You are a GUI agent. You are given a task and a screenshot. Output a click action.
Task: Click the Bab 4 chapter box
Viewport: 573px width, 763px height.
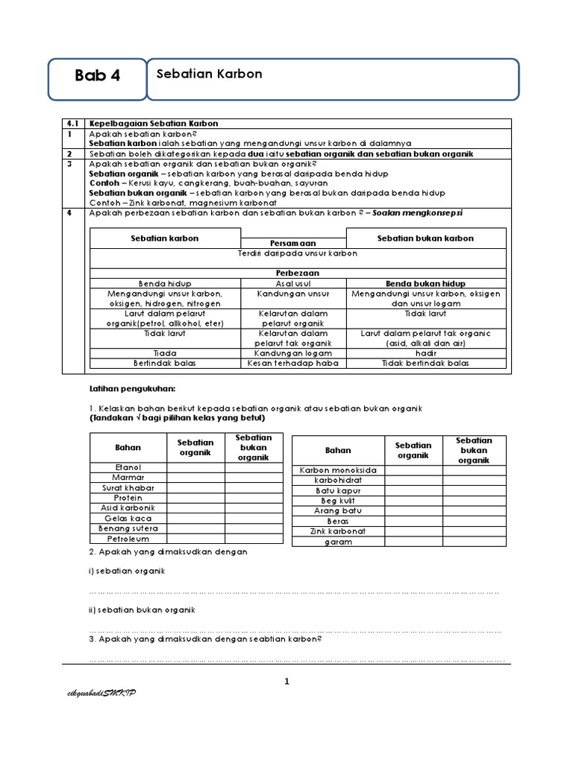[x=97, y=76]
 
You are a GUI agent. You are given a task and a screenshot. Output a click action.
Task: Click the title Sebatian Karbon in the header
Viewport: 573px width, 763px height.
[x=209, y=74]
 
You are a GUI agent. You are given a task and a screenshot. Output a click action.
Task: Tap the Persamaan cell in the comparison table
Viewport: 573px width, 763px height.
[x=293, y=244]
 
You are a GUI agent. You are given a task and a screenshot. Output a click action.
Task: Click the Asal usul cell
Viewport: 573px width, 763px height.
[x=293, y=284]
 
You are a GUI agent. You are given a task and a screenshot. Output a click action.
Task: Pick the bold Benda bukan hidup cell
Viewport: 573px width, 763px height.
[x=425, y=284]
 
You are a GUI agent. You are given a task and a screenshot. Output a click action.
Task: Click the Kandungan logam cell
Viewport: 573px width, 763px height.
[x=293, y=352]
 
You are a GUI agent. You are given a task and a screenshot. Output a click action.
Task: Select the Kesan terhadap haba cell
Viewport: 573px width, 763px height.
[x=293, y=363]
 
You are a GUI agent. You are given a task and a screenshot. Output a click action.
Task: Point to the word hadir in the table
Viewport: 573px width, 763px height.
[x=425, y=352]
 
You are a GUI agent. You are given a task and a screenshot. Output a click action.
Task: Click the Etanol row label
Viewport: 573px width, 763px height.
[x=128, y=467]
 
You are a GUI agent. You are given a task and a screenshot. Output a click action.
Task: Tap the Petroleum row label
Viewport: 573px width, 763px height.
[x=128, y=538]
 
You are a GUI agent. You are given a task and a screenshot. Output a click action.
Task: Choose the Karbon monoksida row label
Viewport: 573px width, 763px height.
[x=338, y=470]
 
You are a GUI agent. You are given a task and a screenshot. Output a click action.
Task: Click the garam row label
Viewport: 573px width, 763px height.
[x=338, y=542]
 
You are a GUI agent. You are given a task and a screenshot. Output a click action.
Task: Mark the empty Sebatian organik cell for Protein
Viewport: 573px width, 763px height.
[x=196, y=498]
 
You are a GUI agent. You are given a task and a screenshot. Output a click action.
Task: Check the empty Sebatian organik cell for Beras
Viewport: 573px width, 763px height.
[x=414, y=522]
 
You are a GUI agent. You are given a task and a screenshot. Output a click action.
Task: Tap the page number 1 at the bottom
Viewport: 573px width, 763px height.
[x=286, y=681]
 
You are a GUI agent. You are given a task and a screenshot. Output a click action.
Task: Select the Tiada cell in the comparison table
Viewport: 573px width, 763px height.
[x=165, y=352]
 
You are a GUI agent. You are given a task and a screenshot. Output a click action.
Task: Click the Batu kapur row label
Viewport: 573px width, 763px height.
[x=338, y=491]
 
